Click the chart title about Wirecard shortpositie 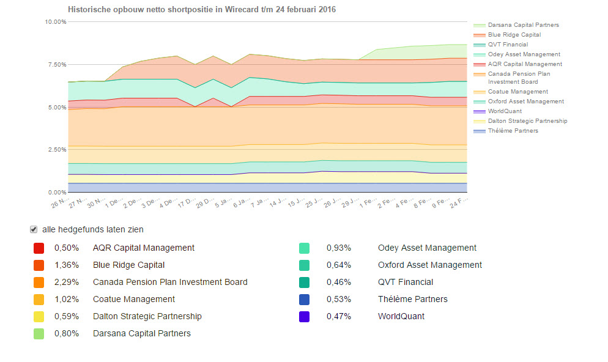tap(201, 10)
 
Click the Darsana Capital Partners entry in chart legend tap(523, 25)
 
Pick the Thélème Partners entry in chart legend tap(513, 131)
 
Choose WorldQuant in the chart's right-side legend tap(505, 111)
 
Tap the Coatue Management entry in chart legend tap(517, 92)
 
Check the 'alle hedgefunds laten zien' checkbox tap(34, 230)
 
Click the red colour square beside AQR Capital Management tap(39, 248)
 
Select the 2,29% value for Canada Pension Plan tap(65, 283)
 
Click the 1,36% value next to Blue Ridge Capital tap(65, 265)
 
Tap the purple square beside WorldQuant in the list tap(304, 317)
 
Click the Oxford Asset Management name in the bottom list tap(430, 265)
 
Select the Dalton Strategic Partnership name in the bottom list tap(147, 317)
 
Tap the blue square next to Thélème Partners tap(304, 300)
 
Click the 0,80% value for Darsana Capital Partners tap(65, 334)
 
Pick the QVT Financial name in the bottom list tap(406, 283)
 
